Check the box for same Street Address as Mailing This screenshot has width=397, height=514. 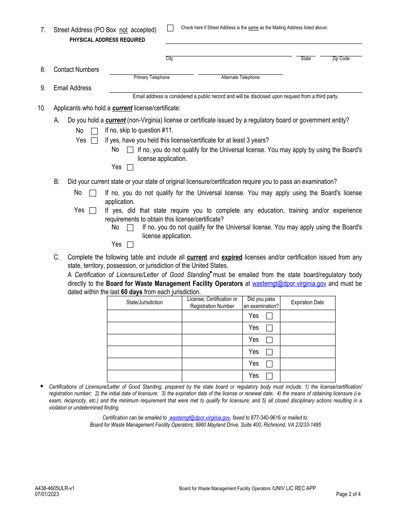click(x=170, y=28)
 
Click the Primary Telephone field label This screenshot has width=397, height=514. click(x=151, y=77)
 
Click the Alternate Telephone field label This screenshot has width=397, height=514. click(x=240, y=77)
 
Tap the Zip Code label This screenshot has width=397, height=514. click(x=341, y=59)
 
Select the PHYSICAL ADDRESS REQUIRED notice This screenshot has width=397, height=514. click(x=107, y=40)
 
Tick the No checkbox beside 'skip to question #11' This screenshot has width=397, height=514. click(x=94, y=131)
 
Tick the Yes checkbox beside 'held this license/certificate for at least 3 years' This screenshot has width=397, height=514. click(x=94, y=141)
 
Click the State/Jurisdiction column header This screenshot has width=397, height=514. click(x=145, y=303)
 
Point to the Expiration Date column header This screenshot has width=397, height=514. click(x=307, y=303)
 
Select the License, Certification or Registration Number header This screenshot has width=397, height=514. click(x=212, y=303)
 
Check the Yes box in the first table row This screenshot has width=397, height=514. click(x=269, y=316)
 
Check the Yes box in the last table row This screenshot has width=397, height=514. click(x=269, y=376)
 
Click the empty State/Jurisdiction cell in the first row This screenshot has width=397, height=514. click(x=145, y=316)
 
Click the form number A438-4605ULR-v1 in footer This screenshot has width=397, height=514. click(x=55, y=488)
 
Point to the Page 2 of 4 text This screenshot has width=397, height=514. click(x=348, y=494)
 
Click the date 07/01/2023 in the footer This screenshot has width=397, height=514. click(x=47, y=494)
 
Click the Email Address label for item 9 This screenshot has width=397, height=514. click(x=72, y=88)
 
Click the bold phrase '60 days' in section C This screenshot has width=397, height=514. click(x=132, y=292)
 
